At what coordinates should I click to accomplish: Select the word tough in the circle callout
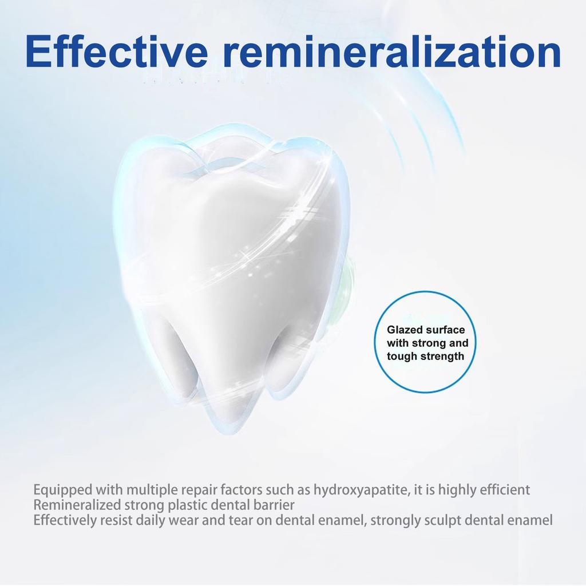tap(402, 357)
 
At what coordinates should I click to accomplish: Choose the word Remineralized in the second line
tap(77, 505)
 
